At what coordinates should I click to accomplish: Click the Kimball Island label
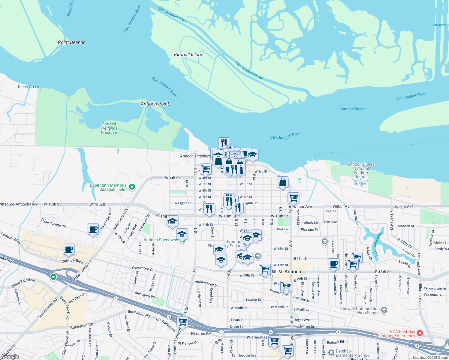(188, 55)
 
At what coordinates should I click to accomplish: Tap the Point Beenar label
(71, 42)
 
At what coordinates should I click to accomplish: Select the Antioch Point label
(155, 104)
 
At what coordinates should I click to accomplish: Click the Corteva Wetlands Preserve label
(109, 128)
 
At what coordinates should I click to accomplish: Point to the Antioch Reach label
(353, 109)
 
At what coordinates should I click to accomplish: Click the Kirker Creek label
(29, 87)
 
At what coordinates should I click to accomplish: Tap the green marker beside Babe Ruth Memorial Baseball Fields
(132, 187)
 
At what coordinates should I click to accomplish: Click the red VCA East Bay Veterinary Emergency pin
(420, 333)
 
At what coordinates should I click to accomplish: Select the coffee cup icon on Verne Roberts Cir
(93, 229)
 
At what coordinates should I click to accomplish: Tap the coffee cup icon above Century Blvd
(68, 249)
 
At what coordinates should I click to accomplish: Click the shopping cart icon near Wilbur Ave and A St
(293, 198)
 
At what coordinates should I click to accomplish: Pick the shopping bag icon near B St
(282, 182)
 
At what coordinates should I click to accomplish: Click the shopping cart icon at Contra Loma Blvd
(182, 322)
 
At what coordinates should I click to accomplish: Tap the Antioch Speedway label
(161, 240)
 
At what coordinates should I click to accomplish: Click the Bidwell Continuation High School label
(360, 310)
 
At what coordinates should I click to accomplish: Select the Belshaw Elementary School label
(353, 353)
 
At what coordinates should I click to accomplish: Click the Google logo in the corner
(10, 356)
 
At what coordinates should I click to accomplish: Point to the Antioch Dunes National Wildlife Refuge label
(361, 170)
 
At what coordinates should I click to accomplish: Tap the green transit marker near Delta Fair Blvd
(53, 277)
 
